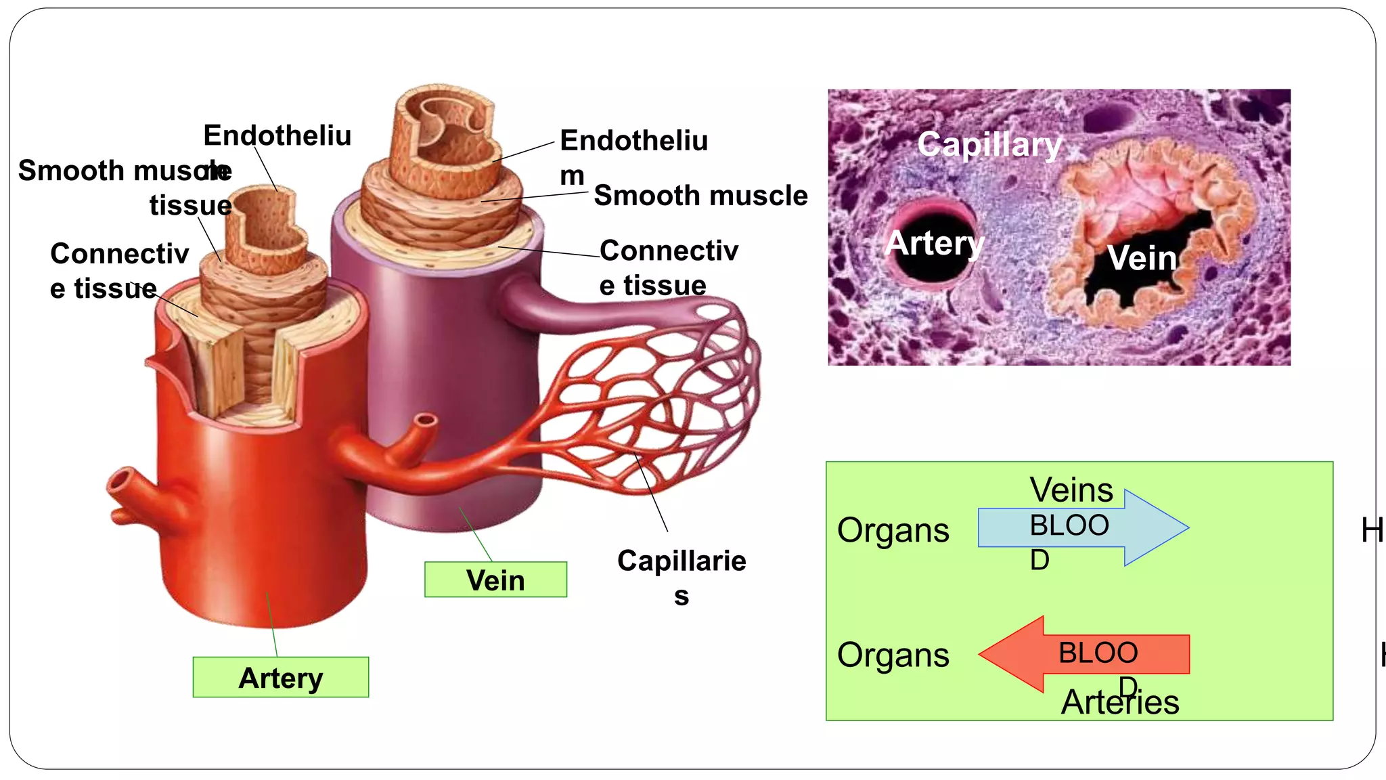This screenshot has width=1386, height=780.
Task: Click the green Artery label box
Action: tap(280, 677)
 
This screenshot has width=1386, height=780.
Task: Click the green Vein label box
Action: tap(495, 580)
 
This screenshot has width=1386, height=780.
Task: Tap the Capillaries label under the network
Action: tap(681, 577)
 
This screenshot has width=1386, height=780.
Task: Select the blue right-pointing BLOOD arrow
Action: tap(1083, 527)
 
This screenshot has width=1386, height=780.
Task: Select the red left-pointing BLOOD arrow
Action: tap(1083, 654)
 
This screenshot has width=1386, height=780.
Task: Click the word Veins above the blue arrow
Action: tap(1071, 490)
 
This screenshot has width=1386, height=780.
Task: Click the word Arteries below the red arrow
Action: tap(1119, 702)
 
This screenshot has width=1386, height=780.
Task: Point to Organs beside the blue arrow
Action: tap(893, 529)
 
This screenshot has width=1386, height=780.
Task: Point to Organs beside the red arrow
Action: tap(893, 655)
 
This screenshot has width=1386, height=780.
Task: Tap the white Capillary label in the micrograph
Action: tap(989, 144)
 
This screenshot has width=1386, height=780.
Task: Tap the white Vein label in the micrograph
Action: tap(1142, 258)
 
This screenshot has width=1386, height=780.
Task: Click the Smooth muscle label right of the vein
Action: tap(700, 196)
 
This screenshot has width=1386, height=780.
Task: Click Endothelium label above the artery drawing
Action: tap(277, 135)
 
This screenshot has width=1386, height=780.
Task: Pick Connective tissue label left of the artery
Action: tap(118, 271)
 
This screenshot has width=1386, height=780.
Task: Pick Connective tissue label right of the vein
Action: tap(668, 267)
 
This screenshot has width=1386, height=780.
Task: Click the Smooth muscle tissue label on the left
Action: tap(125, 186)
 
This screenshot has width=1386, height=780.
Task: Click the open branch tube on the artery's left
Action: tap(122, 483)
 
